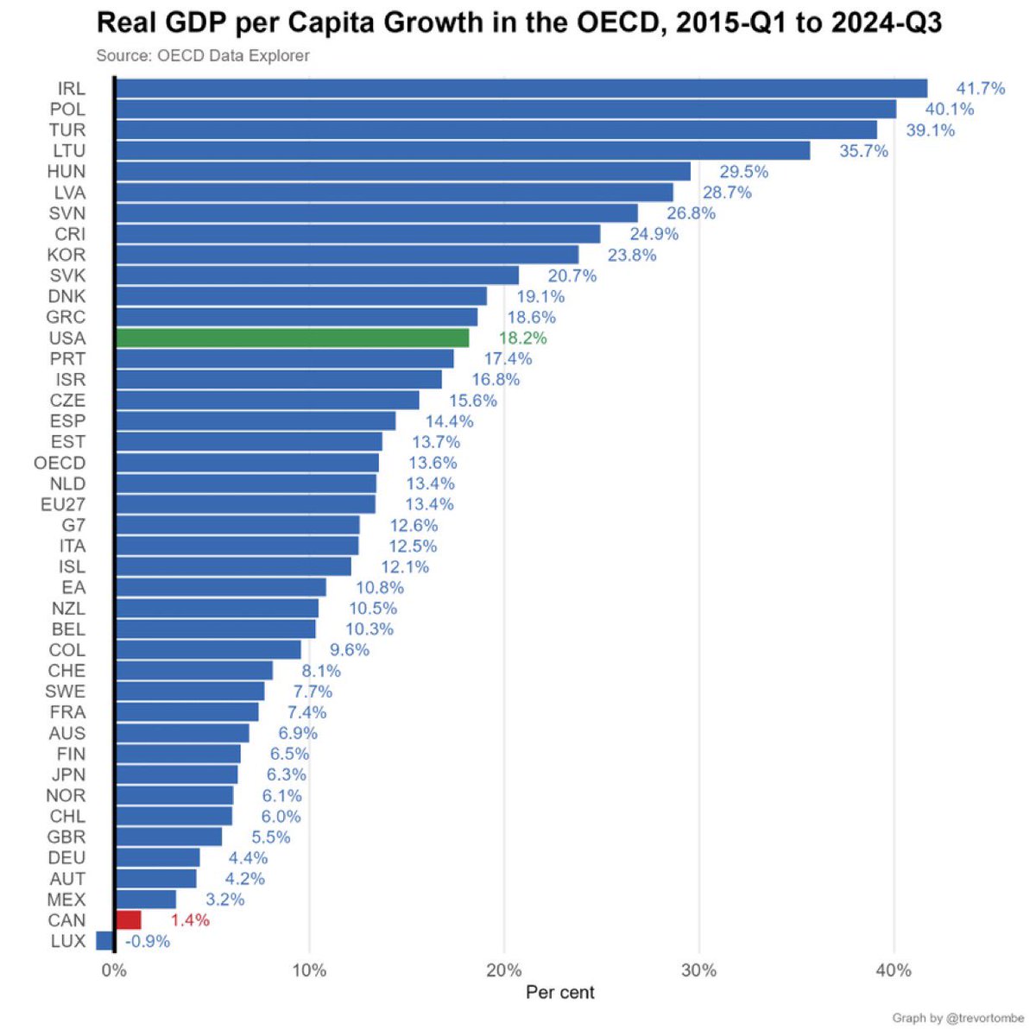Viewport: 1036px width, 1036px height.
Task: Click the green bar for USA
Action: [x=292, y=338]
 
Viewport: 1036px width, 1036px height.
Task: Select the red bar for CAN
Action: [x=128, y=919]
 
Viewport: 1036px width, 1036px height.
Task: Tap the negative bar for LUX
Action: [x=104, y=940]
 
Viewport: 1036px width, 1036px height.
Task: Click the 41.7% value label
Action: [x=980, y=88]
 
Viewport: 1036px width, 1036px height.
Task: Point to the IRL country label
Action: [x=71, y=88]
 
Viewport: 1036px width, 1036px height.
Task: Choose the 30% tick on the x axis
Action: [x=698, y=970]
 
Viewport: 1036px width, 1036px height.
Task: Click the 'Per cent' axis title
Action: [x=559, y=993]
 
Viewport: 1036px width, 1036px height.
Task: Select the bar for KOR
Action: [x=346, y=255]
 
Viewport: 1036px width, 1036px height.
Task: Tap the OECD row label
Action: [x=60, y=463]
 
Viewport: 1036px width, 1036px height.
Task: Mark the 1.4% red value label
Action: [x=190, y=920]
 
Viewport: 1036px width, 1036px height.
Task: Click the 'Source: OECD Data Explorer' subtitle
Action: [x=203, y=56]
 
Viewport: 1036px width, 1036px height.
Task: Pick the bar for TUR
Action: [x=496, y=129]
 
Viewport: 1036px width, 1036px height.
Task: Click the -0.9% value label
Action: [x=148, y=941]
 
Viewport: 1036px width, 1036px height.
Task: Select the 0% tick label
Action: [x=114, y=970]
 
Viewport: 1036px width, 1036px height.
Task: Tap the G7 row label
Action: [x=73, y=525]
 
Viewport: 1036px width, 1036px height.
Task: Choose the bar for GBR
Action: [x=168, y=837]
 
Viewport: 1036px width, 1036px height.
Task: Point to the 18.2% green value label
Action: [x=522, y=338]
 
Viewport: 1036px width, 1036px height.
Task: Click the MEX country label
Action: [x=66, y=900]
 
